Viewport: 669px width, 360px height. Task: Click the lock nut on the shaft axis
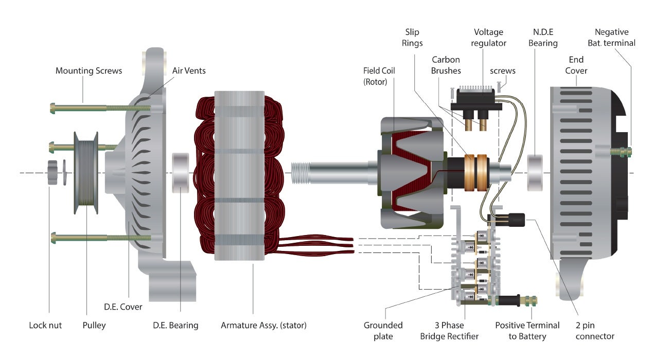(x=51, y=172)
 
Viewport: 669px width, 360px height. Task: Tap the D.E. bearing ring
(x=180, y=172)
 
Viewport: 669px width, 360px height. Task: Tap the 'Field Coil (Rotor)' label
(x=379, y=76)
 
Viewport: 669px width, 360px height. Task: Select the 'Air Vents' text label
(x=188, y=70)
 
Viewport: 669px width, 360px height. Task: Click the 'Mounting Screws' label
(x=89, y=70)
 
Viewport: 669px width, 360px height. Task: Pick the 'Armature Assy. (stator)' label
(x=263, y=325)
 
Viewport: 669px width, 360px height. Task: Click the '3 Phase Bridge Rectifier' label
(x=449, y=331)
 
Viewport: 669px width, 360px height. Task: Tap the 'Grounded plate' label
(x=383, y=331)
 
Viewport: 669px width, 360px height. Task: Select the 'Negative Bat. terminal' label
(x=614, y=38)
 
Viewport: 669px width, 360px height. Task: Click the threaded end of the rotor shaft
(x=300, y=172)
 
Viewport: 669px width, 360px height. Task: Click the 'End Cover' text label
(x=576, y=65)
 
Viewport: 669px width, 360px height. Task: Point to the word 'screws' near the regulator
(x=502, y=71)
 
